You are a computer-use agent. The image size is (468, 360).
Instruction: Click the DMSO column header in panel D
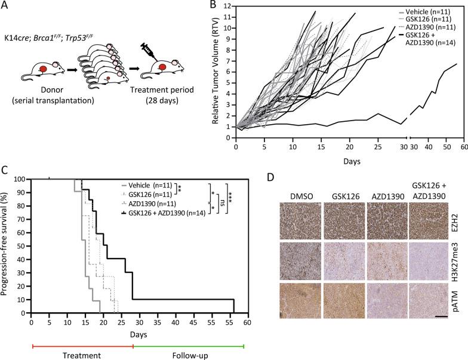[299, 193]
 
